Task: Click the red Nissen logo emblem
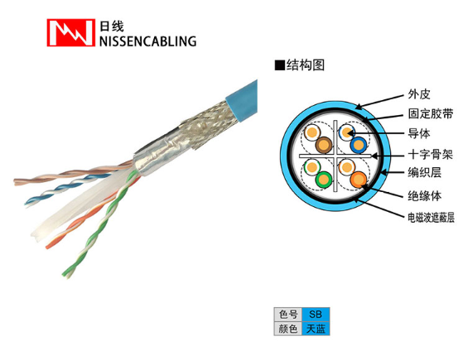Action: (71, 33)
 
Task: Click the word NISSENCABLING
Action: (147, 41)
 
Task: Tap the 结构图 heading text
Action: (306, 65)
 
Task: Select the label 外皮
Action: (419, 94)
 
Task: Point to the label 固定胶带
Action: (431, 113)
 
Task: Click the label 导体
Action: (419, 133)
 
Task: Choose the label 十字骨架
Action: (431, 154)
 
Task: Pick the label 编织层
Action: (425, 172)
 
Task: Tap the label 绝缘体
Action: (425, 195)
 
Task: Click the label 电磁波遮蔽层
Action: (431, 218)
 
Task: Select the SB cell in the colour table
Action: (316, 314)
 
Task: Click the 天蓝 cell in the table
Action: (316, 329)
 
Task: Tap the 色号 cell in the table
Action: (288, 314)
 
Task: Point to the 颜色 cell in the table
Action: (288, 329)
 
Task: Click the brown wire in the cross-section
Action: (324, 145)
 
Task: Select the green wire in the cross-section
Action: (324, 179)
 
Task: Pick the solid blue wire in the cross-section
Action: (358, 145)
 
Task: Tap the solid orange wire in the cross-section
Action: (359, 180)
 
